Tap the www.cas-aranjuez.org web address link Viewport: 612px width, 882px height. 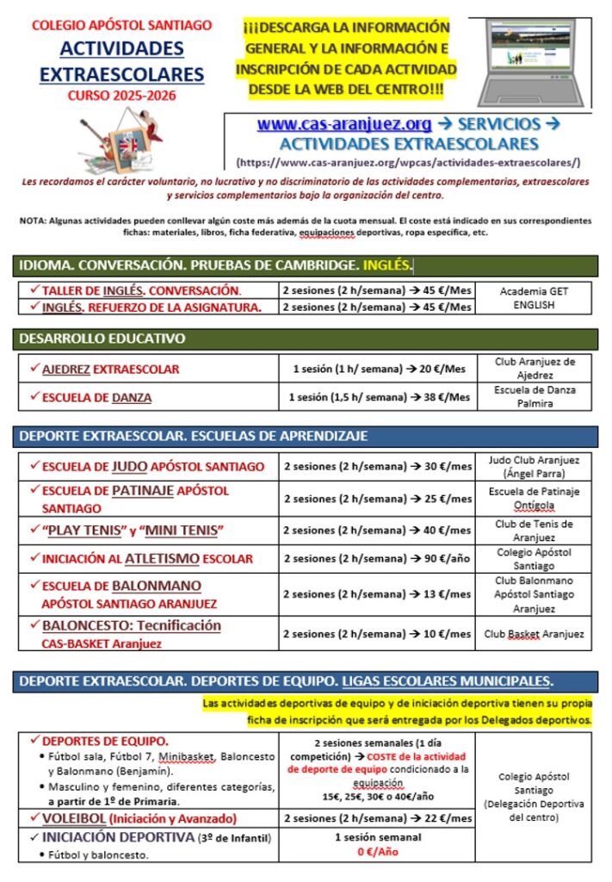344,124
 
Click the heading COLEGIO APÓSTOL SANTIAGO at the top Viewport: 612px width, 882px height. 121,26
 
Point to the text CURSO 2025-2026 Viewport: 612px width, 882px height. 121,95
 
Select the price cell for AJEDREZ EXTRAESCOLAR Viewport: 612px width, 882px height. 378,369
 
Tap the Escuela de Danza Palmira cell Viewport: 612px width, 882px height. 535,396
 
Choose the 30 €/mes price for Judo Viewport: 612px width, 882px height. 378,466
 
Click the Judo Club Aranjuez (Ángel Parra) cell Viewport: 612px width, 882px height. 534,466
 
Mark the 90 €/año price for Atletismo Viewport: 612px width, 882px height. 378,558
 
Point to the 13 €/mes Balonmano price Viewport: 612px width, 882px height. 378,594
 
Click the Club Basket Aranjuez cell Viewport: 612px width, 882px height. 534,634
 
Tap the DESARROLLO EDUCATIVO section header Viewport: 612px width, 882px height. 102,339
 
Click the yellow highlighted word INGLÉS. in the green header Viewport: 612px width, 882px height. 387,265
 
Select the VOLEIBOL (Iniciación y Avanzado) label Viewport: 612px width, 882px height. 139,817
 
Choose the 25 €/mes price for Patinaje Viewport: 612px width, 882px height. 378,498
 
